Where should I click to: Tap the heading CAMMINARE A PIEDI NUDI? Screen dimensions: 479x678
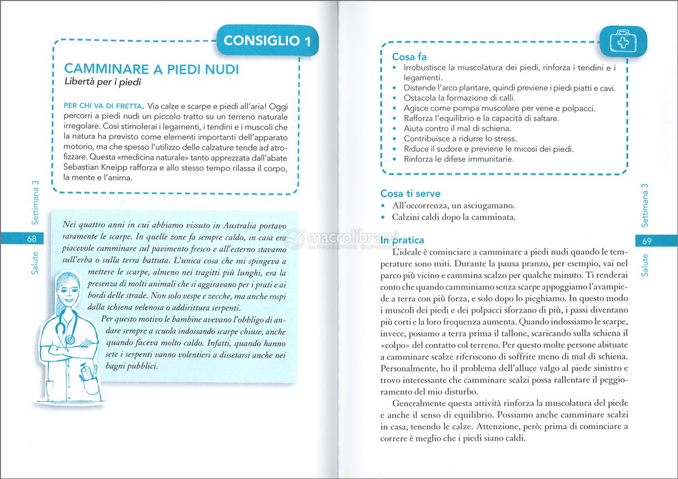click(x=151, y=69)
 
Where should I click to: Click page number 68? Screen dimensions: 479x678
click(x=32, y=239)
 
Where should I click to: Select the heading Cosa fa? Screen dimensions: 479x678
click(x=409, y=57)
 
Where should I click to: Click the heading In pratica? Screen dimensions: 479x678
click(x=402, y=240)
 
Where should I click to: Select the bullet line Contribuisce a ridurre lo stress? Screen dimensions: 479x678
click(x=460, y=138)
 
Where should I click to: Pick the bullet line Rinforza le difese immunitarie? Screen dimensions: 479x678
click(x=459, y=159)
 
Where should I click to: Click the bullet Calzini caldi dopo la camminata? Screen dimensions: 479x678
click(x=457, y=217)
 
